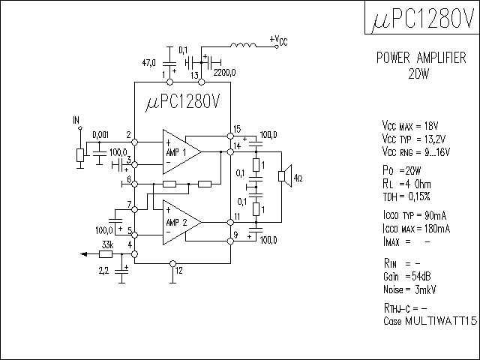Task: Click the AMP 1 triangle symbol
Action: tap(181, 151)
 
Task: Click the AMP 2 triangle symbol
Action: tap(181, 223)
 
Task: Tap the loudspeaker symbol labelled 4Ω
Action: tap(285, 176)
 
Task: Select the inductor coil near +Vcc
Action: tap(243, 45)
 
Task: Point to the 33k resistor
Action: tap(106, 254)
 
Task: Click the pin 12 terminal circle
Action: tap(173, 263)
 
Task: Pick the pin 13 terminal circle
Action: tap(202, 82)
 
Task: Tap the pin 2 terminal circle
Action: tap(135, 142)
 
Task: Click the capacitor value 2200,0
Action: tap(225, 73)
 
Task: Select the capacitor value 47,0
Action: tap(148, 63)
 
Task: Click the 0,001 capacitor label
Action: tap(100, 135)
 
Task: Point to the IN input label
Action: tap(76, 120)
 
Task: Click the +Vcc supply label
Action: tap(278, 40)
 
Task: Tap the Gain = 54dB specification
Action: tap(406, 277)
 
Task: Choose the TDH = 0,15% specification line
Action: tap(406, 196)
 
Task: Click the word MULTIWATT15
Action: tap(441, 321)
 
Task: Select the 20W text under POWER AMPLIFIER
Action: tap(418, 73)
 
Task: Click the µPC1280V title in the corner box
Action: tap(423, 18)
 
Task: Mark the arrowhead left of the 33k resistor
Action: tap(83, 254)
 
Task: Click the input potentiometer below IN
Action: tap(80, 155)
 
